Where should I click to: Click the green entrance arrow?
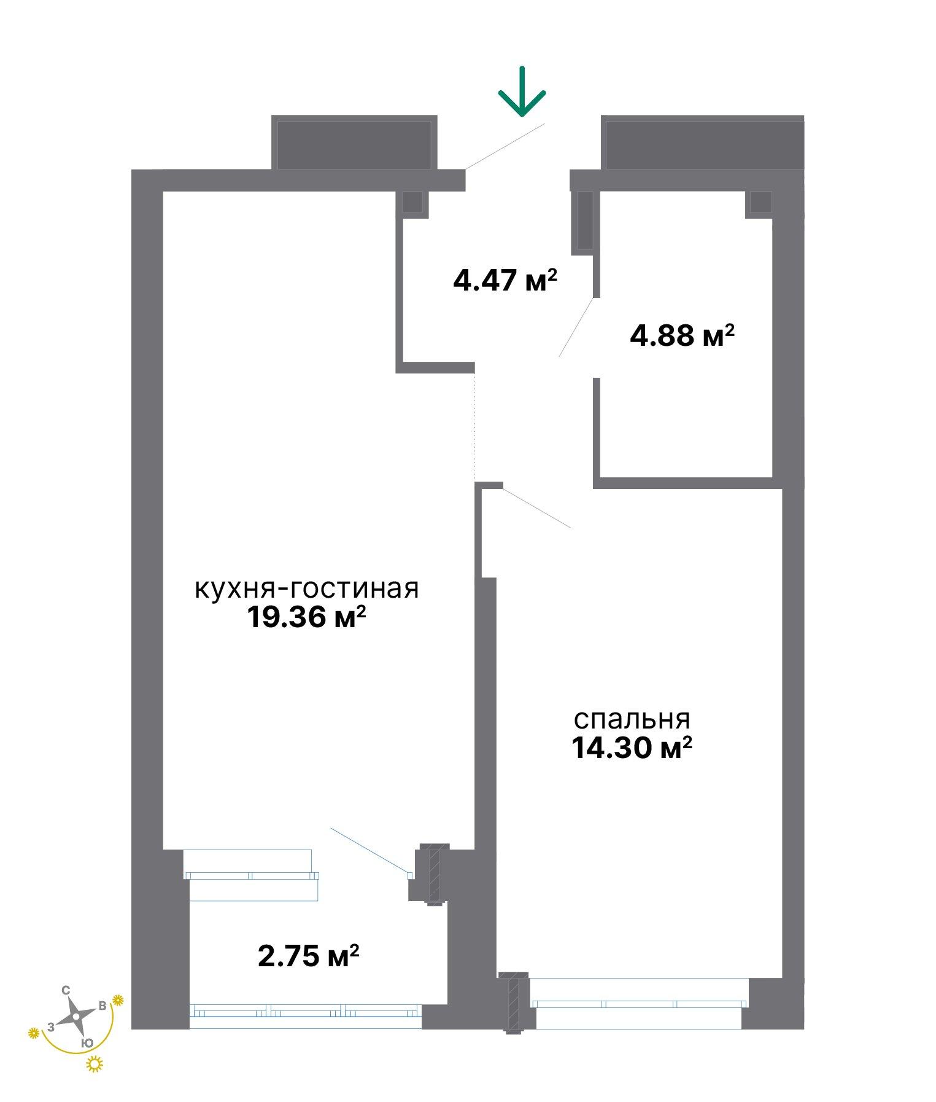tap(522, 92)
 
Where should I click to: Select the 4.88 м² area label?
tap(683, 335)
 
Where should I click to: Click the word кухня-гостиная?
tap(307, 588)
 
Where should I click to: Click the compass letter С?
tap(66, 990)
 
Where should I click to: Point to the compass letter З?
tap(52, 1026)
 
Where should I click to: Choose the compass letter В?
tap(102, 1006)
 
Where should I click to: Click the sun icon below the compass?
tap(95, 1064)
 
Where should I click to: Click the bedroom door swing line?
tap(538, 508)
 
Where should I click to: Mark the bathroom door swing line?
tap(576, 327)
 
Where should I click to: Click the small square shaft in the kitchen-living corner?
tap(414, 203)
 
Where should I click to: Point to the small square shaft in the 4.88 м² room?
tap(760, 203)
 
